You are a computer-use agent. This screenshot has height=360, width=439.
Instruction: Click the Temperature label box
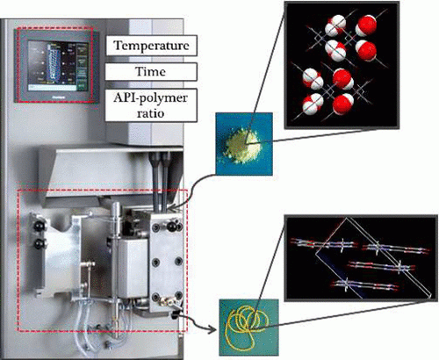tap(151, 46)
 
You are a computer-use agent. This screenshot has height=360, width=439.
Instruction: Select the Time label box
tap(151, 72)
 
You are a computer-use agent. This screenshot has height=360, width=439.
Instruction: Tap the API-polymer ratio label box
tap(151, 105)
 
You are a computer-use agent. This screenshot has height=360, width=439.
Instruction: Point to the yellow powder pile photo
tap(244, 144)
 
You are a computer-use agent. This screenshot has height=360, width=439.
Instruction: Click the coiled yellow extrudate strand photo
tap(248, 328)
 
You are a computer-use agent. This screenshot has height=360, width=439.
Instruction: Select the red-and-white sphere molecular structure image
tap(342, 64)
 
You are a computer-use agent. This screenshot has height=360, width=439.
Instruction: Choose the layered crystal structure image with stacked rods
tap(361, 257)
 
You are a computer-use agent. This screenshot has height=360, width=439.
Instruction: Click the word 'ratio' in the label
tap(150, 112)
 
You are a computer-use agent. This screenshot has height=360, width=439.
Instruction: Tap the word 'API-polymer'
tap(150, 97)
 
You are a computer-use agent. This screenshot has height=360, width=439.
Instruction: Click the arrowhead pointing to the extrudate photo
tap(214, 329)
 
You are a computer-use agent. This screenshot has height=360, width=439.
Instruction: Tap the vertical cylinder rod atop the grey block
tap(117, 218)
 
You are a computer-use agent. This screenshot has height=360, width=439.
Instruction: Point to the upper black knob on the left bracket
tap(39, 226)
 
